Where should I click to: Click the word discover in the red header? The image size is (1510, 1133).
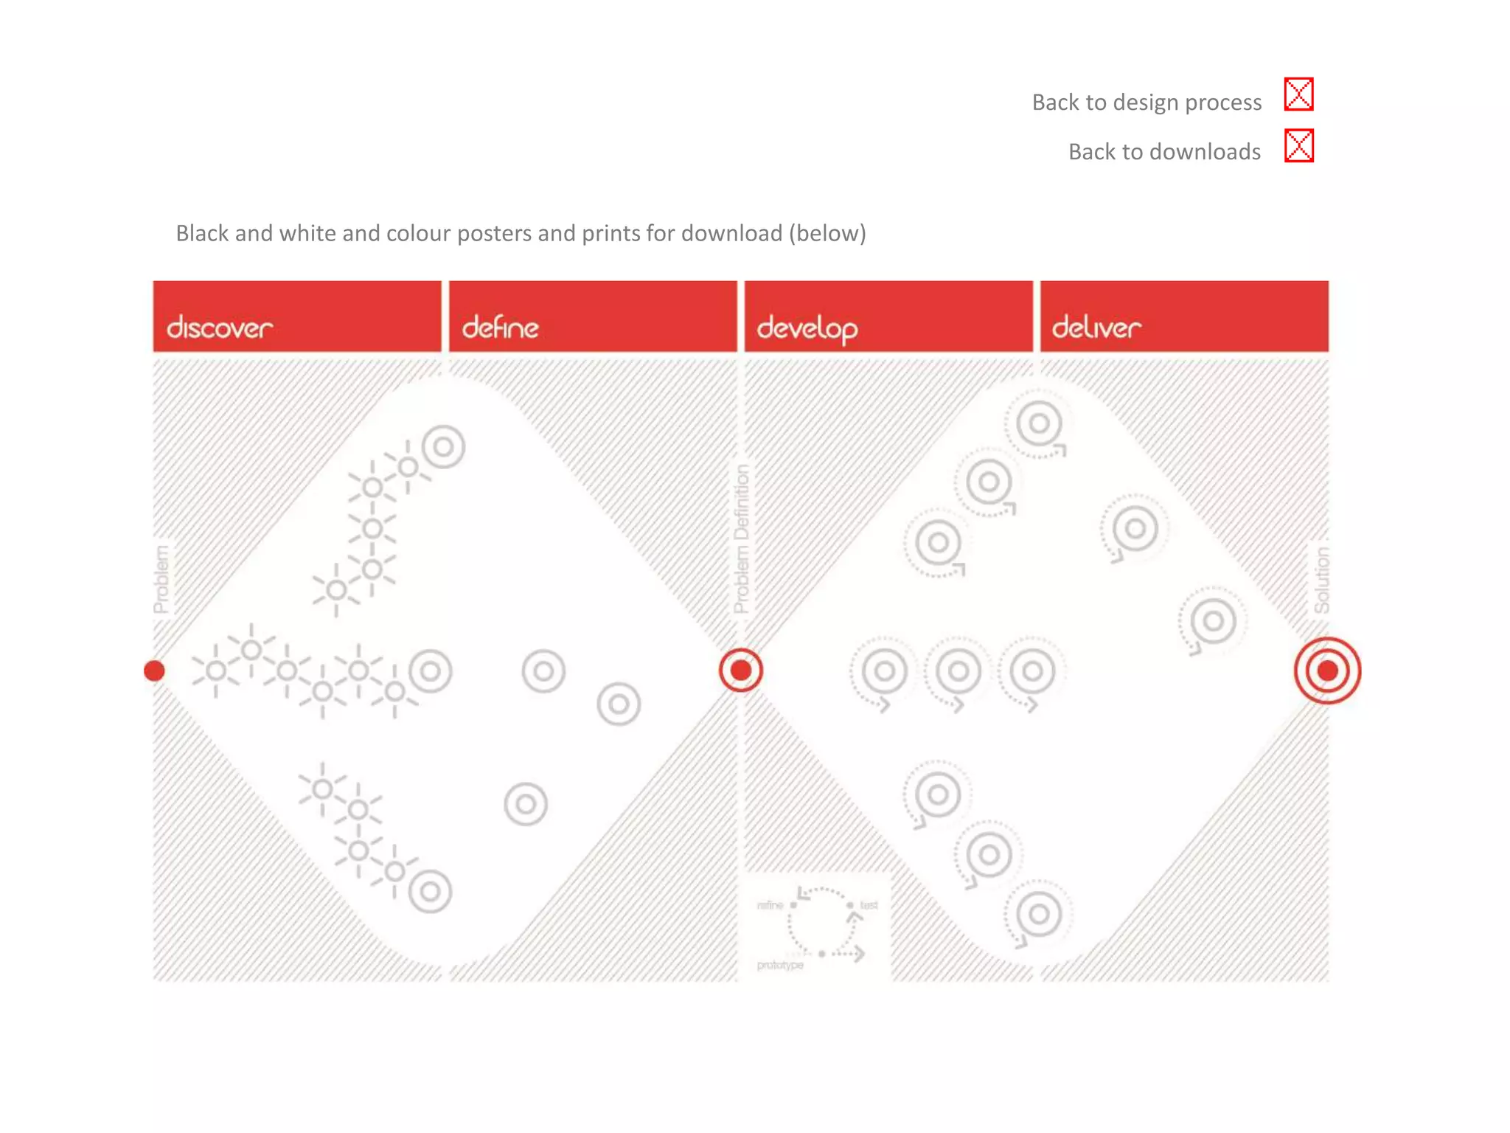[219, 328]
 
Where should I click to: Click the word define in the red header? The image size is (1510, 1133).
[500, 328]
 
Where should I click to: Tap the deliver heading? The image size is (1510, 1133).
[1096, 328]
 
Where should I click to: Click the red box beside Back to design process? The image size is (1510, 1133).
[1298, 94]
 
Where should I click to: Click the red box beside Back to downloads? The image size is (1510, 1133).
[1298, 145]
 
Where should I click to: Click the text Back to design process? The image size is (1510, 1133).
[1146, 102]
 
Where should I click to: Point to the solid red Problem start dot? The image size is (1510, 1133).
[154, 671]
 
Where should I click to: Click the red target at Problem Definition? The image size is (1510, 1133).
[740, 670]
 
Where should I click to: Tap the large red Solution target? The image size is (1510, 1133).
[1327, 671]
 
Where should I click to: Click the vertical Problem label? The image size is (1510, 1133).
[161, 579]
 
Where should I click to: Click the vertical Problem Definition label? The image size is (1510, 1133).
[741, 538]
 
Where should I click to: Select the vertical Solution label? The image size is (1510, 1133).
[1321, 580]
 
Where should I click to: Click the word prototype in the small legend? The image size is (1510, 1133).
[779, 965]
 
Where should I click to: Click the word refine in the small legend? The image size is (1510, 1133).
[770, 905]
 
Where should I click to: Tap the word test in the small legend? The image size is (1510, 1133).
[869, 905]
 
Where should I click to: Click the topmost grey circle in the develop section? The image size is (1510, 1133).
[1038, 424]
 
